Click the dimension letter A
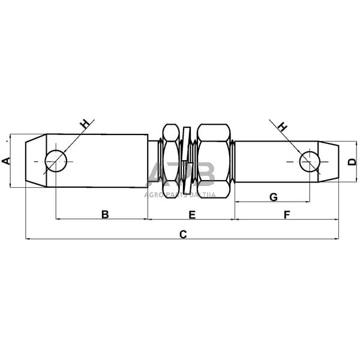(6, 160)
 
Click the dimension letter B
(104, 214)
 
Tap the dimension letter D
(351, 160)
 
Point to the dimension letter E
(192, 214)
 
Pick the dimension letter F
(287, 214)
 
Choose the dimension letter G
(273, 197)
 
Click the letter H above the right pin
(283, 126)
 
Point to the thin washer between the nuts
(187, 160)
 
